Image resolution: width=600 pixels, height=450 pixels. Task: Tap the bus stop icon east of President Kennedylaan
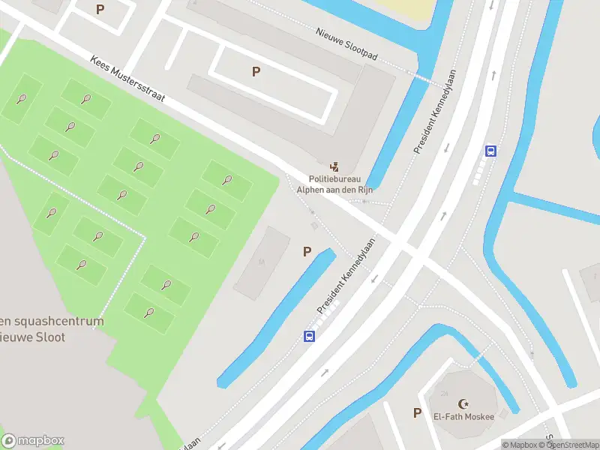click(490, 151)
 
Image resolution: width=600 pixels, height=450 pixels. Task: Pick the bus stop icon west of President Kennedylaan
click(309, 336)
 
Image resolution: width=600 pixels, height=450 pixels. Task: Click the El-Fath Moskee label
click(463, 417)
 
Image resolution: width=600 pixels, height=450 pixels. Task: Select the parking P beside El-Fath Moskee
click(417, 412)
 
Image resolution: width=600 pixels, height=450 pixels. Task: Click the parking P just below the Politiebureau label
click(307, 252)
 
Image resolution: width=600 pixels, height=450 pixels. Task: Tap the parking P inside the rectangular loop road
click(256, 72)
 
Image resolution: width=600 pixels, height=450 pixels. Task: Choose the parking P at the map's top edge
click(100, 10)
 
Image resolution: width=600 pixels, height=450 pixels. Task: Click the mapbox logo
click(33, 440)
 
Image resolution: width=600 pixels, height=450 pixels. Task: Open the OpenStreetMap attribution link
click(571, 445)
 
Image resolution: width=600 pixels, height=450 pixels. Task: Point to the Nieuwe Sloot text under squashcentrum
click(33, 337)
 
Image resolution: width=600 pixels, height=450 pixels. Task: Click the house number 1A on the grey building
click(262, 262)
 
